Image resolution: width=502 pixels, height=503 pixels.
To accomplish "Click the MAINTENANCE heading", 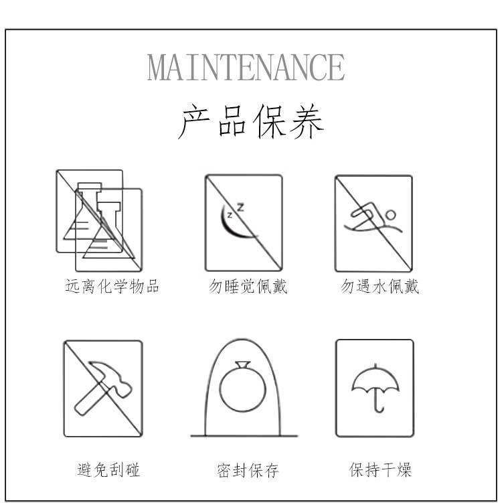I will pos(246,67).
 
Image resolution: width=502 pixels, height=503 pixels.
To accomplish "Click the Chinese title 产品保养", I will pos(251,121).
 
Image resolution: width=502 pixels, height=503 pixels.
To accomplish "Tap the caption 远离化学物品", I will pos(112,287).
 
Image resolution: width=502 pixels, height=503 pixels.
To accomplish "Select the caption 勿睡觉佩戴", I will pos(248,287).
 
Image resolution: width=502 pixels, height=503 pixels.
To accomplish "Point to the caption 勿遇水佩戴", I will pos(380,287).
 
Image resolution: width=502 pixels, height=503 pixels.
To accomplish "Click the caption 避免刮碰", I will pos(108,470).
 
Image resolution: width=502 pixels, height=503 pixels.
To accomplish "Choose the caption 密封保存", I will pos(247,470).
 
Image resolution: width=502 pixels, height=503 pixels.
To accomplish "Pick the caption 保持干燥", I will pos(380,470).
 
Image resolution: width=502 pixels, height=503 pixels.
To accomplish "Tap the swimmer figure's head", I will pos(390,215).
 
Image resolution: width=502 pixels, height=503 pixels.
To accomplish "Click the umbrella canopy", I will pos(375,379).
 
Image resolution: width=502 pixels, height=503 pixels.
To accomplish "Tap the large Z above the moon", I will pos(240,207).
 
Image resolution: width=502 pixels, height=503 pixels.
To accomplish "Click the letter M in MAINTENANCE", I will pos(158,67).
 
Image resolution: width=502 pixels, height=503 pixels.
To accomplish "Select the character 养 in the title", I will pos(307,121).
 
